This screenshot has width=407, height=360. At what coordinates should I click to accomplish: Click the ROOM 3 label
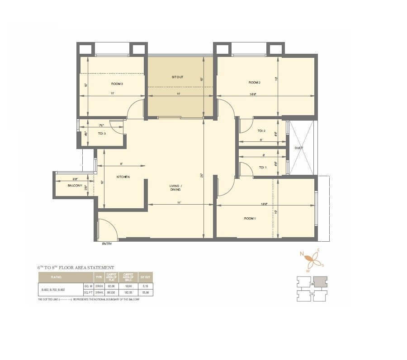(117, 84)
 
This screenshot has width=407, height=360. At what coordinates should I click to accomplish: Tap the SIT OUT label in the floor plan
(177, 77)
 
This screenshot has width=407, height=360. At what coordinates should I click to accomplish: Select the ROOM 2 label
(255, 83)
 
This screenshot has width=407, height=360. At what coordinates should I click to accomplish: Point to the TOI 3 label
(102, 133)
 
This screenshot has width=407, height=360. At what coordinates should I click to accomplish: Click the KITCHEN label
(123, 177)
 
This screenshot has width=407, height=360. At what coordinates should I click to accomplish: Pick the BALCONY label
(75, 186)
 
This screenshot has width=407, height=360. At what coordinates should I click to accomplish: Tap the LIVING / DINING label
(175, 188)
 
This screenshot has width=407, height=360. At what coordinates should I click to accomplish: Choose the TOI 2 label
(261, 131)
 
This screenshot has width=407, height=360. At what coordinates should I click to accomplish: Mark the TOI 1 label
(263, 167)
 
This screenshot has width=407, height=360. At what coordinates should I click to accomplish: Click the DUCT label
(298, 148)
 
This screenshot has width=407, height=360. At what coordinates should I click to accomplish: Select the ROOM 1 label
(250, 219)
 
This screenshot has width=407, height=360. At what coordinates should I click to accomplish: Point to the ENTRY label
(107, 244)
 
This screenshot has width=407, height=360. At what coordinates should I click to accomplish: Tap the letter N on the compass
(302, 254)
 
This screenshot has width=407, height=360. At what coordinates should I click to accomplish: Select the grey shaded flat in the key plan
(321, 282)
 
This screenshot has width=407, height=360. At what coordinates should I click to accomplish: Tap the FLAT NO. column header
(56, 276)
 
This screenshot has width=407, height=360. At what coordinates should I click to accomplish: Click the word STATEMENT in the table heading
(100, 267)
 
